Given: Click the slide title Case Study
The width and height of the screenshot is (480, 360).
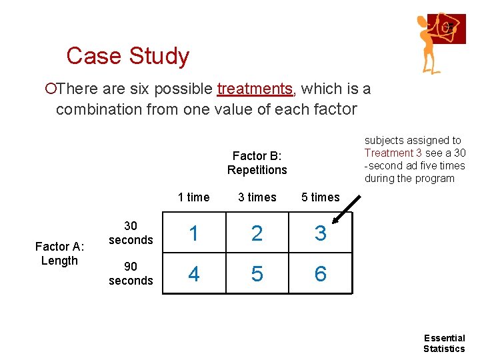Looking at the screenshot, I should coord(128,56).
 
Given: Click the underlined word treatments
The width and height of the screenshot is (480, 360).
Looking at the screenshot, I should coord(255,89).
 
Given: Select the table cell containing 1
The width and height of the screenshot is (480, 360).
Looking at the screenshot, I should coord(193,233).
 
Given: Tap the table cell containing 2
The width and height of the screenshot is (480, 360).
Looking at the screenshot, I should coord(257,233).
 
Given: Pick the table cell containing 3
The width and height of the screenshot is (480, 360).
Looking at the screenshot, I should coord(321,233).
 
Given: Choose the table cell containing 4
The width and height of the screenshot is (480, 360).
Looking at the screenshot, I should coord(193,273).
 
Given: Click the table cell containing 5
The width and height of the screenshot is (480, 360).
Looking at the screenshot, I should coord(257,273).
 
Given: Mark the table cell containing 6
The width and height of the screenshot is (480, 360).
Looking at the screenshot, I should coord(321,273).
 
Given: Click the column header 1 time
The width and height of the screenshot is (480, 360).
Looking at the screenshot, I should coord(193,197).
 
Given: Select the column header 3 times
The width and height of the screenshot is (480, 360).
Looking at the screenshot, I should coord(257,197).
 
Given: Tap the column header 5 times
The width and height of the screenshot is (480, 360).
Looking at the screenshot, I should coord(321,197).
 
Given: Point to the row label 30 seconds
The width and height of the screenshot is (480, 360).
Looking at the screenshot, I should coord(131,233).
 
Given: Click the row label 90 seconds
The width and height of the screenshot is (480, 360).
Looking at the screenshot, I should coord(131,274).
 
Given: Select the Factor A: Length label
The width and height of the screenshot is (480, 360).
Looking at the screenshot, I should coord(59,254).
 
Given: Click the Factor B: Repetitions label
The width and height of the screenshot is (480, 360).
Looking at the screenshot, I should coord(257,163).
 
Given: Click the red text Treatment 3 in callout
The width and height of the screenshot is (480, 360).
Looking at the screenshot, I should coord(393,153).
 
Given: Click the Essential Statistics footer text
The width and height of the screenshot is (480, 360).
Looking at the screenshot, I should coord(444,343).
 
